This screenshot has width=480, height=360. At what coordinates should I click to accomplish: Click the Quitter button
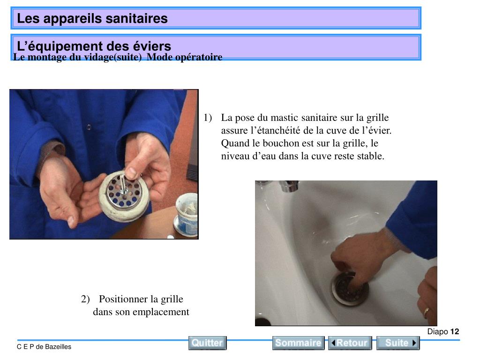(x=207, y=343)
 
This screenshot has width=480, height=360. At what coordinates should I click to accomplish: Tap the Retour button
(x=350, y=343)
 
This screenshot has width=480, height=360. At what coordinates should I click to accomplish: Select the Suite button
(x=397, y=343)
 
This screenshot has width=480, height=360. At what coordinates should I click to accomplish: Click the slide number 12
(x=455, y=331)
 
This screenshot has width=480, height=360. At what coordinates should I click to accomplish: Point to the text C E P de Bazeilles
(x=44, y=347)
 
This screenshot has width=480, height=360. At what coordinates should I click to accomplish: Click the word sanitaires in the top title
(x=136, y=18)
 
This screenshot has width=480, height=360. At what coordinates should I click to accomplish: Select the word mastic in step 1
(x=285, y=118)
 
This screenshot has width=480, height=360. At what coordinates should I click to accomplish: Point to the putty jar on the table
(x=187, y=215)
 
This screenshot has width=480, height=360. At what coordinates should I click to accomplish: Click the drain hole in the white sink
(x=350, y=288)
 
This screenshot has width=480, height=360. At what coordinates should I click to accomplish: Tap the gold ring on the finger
(x=426, y=312)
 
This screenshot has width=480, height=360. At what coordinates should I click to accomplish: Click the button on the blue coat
(x=89, y=127)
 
